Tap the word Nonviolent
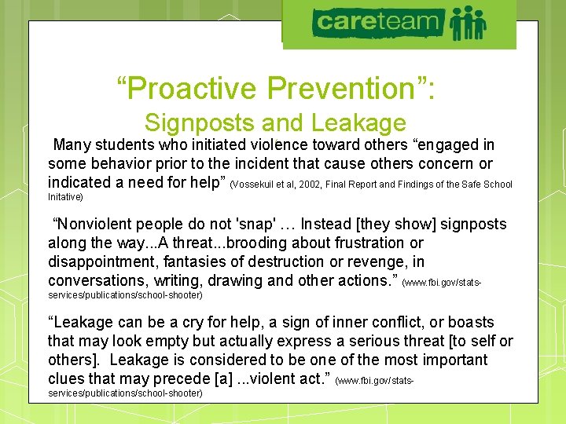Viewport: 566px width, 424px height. (x=92, y=225)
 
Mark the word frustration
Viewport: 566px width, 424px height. (x=354, y=243)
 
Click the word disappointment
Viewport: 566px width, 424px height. (x=101, y=262)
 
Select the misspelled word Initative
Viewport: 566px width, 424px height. (x=65, y=196)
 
